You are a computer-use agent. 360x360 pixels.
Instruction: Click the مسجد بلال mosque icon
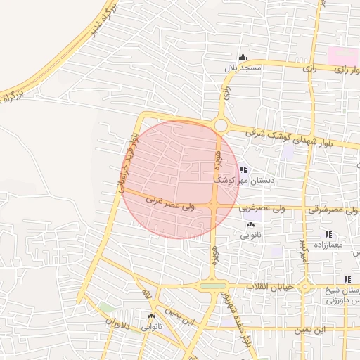coord(243,58)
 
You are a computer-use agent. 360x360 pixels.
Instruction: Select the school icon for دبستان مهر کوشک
coord(244,169)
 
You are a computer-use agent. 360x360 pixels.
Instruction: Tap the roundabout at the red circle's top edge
coord(221,125)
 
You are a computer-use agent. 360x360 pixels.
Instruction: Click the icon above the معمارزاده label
coord(328,234)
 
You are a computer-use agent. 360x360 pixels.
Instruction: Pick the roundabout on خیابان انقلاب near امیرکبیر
coord(305,286)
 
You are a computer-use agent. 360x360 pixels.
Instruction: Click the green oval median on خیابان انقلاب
coord(213,285)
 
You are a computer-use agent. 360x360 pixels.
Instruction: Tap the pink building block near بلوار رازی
coord(342,56)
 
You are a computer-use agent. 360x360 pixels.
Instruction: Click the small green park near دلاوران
coord(106,308)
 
